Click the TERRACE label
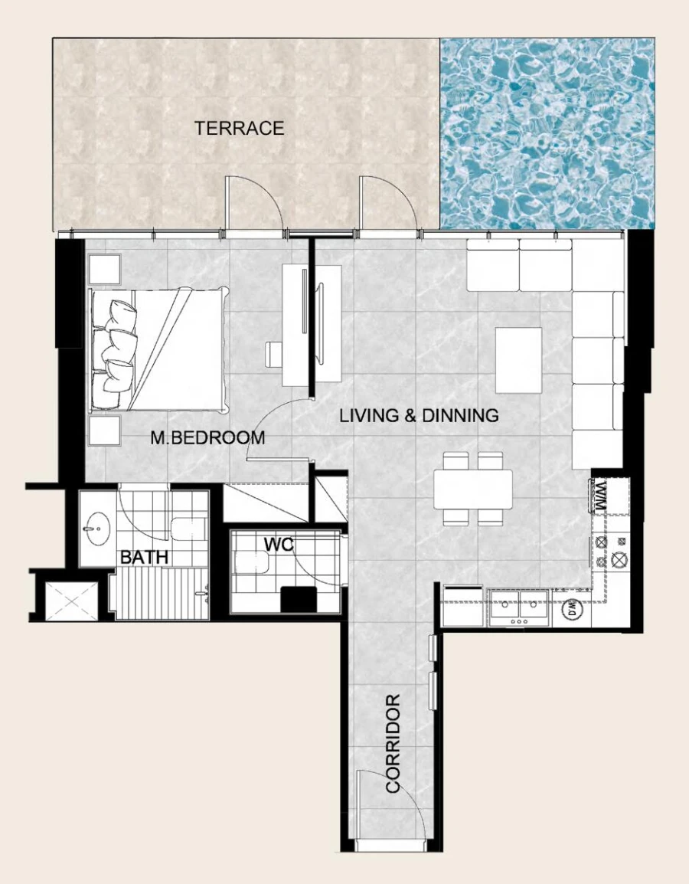pos(239,128)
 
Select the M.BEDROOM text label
pos(207,438)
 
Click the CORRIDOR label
pos(393,743)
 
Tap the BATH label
pos(144,557)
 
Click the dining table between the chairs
pos(473,489)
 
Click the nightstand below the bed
pos(104,431)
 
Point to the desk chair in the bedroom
pos(274,354)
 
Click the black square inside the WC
pos(299,598)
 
